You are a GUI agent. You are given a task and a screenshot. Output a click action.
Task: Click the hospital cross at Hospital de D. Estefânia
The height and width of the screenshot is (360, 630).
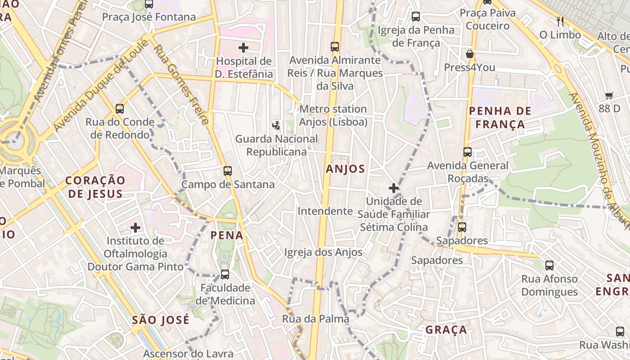pyautogui.click(x=243, y=47)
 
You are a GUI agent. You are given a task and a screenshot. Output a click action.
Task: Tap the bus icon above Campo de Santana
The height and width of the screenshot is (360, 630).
pyautogui.click(x=227, y=171)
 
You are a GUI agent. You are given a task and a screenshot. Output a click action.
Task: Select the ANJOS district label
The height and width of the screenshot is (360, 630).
pyautogui.click(x=345, y=169)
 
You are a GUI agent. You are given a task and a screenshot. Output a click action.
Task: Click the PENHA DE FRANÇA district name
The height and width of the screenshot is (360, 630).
pyautogui.click(x=500, y=117)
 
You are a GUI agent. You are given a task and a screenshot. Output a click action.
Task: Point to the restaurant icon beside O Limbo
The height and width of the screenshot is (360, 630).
pyautogui.click(x=560, y=21)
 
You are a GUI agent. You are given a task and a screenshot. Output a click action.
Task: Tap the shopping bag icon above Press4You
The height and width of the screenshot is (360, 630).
pyautogui.click(x=470, y=54)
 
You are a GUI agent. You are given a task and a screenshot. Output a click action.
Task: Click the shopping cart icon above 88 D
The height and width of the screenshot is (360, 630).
pyautogui.click(x=609, y=95)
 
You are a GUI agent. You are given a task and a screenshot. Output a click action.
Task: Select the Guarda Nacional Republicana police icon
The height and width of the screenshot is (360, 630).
pyautogui.click(x=276, y=125)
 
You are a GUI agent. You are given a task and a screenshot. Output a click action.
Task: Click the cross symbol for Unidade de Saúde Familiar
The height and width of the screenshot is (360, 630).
pyautogui.click(x=394, y=188)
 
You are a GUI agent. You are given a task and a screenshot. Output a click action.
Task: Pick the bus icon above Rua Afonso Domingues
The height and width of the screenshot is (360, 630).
pyautogui.click(x=549, y=265)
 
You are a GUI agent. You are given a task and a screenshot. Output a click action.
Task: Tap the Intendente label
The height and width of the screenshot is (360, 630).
pyautogui.click(x=325, y=211)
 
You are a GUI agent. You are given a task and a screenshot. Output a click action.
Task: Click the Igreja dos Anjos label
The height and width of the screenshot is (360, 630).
pyautogui.click(x=323, y=252)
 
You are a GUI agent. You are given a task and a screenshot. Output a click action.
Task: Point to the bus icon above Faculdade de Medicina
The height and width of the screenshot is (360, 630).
pyautogui.click(x=225, y=274)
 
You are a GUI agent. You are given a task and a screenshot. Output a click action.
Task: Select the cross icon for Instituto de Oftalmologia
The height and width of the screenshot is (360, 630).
pyautogui.click(x=135, y=228)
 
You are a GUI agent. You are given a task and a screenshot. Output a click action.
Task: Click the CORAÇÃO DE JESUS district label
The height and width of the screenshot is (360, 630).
pyautogui.click(x=94, y=187)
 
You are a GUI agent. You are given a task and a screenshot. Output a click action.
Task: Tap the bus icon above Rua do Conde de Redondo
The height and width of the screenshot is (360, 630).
pyautogui.click(x=119, y=108)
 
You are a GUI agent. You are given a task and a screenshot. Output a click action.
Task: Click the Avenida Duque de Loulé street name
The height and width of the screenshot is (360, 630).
pyautogui.click(x=101, y=85)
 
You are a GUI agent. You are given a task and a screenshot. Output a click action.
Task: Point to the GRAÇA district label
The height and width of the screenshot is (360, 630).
pyautogui.click(x=446, y=330)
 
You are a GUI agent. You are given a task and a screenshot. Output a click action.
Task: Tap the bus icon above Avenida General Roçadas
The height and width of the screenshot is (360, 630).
pyautogui.click(x=468, y=152)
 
